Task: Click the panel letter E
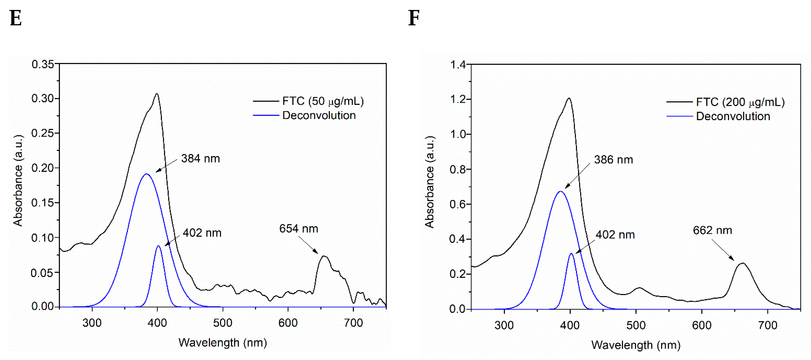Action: tap(16, 18)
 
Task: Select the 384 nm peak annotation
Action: tap(200, 158)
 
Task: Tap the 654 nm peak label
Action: tap(298, 229)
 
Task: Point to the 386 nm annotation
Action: tap(613, 160)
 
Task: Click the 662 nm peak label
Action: tap(712, 230)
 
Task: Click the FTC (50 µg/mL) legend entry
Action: tap(323, 101)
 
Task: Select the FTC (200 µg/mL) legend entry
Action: tap(740, 102)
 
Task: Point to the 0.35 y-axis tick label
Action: tap(43, 64)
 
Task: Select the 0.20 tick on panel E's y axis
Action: tap(43, 168)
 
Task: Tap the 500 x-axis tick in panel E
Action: tap(223, 323)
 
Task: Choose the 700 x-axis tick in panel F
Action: tap(767, 325)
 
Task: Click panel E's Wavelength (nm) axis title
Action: tap(223, 343)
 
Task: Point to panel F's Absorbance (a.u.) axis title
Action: tap(429, 182)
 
